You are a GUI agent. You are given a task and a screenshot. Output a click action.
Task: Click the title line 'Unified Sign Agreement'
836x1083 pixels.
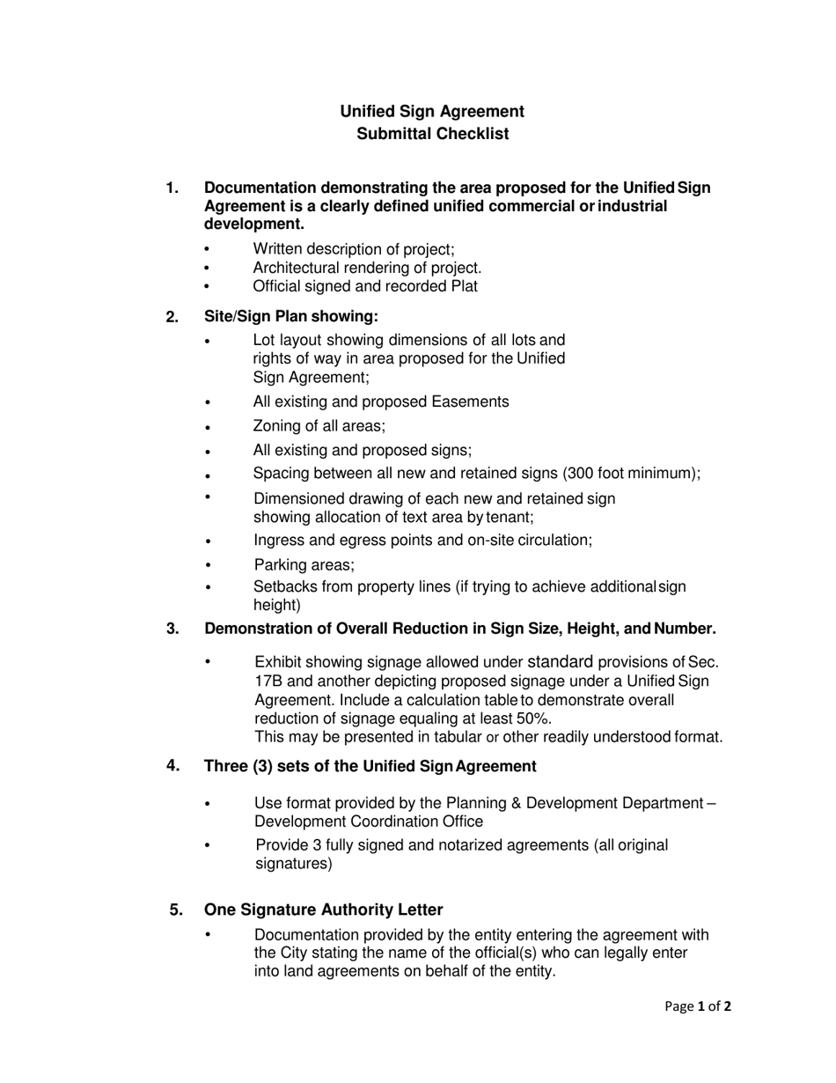click(x=432, y=111)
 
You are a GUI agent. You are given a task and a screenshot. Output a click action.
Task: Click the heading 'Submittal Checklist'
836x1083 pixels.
click(x=432, y=134)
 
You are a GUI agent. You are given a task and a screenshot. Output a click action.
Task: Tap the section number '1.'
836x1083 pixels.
click(x=172, y=188)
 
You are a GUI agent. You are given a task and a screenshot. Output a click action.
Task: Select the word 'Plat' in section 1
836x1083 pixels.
click(x=463, y=286)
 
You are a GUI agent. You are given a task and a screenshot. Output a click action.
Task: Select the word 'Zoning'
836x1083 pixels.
click(x=276, y=426)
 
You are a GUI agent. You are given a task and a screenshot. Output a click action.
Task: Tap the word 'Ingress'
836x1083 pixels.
click(x=279, y=541)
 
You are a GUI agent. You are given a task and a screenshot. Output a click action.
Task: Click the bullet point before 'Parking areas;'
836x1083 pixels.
click(x=208, y=565)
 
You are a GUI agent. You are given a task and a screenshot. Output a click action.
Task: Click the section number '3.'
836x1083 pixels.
click(x=172, y=628)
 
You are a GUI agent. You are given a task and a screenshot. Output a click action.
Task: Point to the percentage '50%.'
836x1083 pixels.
click(x=535, y=718)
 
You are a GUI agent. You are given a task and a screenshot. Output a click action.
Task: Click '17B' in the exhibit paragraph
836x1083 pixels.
click(x=269, y=681)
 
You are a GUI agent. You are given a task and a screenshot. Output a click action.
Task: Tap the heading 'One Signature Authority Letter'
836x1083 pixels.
click(x=323, y=910)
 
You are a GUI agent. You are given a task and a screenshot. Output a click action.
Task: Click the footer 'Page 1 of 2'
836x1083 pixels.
click(x=698, y=1006)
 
